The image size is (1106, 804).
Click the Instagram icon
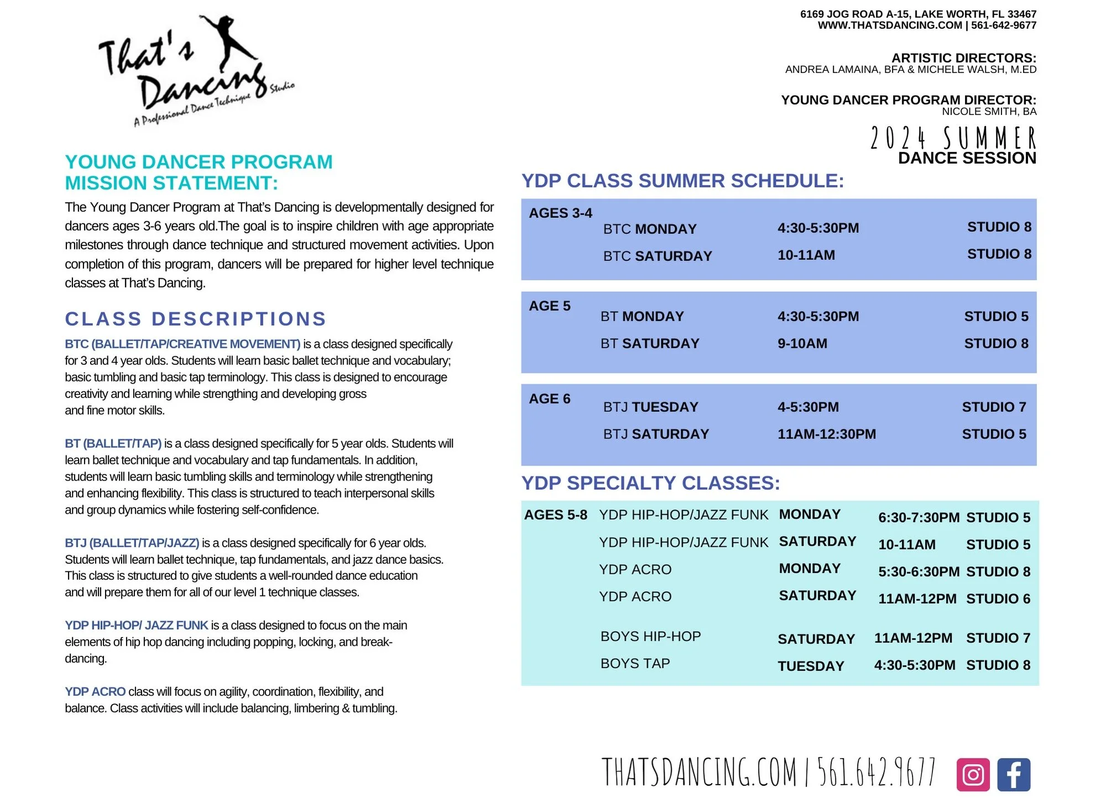point(973,774)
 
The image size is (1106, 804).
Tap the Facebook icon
point(1014,774)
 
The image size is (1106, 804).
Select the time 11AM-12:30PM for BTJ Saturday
point(826,434)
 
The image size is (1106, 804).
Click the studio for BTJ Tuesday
point(993,407)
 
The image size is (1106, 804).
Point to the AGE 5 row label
point(549,306)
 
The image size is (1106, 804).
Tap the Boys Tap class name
point(635,663)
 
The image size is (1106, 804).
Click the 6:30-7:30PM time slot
point(918,518)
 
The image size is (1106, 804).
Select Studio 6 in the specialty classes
point(998,598)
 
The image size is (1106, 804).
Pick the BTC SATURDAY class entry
point(657,256)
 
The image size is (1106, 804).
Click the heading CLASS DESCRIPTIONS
point(196,319)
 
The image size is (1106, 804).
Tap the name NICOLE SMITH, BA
point(989,112)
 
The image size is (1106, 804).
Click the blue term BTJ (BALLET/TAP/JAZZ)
point(132,543)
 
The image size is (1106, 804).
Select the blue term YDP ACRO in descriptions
point(95,692)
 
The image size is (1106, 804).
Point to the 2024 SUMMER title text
point(953,138)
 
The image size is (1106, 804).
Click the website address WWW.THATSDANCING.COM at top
point(890,25)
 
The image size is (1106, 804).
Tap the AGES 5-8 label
point(555,515)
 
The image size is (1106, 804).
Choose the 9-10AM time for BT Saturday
point(802,343)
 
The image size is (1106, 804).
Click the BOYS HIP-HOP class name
point(650,636)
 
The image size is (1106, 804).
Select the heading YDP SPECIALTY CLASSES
point(650,483)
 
